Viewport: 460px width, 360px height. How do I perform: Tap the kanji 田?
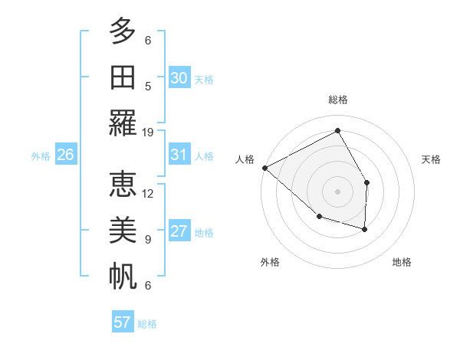tap(122, 77)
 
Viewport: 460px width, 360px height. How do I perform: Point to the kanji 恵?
tap(122, 184)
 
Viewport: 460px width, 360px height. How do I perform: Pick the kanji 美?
tap(122, 231)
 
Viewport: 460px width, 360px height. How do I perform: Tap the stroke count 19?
tap(148, 132)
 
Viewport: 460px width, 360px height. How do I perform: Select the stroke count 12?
tap(148, 193)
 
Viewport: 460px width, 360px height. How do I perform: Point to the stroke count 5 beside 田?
tap(148, 86)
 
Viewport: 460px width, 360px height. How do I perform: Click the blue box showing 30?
tap(179, 78)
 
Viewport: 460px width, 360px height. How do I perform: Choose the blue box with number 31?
tap(179, 155)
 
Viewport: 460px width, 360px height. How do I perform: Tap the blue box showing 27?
tap(179, 232)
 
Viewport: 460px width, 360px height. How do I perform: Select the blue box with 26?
tap(65, 155)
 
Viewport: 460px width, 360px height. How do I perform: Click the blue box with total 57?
tap(122, 322)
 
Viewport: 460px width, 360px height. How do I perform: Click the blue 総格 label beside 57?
tap(147, 324)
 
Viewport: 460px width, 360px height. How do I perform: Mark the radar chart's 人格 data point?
tap(264, 168)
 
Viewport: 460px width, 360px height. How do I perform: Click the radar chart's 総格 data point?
tap(337, 131)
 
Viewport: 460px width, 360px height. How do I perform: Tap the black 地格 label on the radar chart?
tap(402, 262)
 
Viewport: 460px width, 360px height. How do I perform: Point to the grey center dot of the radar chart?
tap(337, 191)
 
